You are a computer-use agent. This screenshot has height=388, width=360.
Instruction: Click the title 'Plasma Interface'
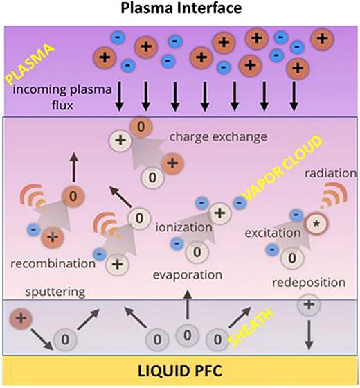(179, 10)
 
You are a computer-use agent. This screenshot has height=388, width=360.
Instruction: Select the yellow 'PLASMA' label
(27, 65)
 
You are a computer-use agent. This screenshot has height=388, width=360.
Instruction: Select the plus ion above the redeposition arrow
(307, 304)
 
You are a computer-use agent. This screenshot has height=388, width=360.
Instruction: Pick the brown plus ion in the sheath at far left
(20, 319)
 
